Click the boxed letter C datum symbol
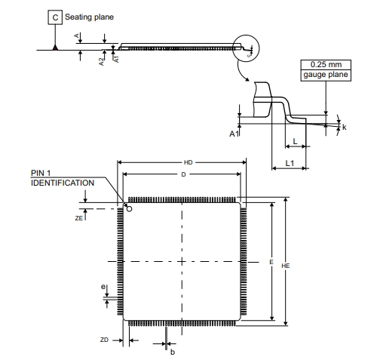55,17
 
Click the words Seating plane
89,17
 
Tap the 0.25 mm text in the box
326,64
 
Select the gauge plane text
326,75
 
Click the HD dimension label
188,162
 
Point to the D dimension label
183,174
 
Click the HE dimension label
285,266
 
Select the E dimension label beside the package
271,262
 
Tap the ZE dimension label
78,218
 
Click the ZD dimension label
104,340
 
